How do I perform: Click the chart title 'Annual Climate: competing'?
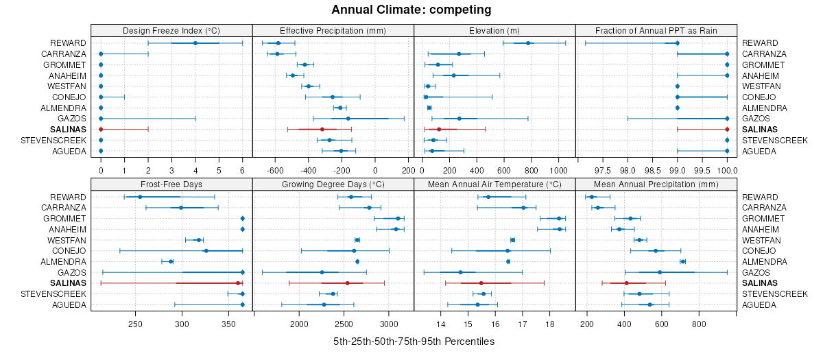(411, 10)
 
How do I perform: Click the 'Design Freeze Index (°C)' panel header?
(171, 30)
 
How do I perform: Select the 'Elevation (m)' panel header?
(494, 30)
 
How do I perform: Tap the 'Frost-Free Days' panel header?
(171, 184)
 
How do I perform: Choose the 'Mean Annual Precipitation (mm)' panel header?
(656, 184)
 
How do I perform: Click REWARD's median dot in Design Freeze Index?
(195, 43)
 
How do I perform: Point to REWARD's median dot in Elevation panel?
(527, 43)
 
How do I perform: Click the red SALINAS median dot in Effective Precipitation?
(322, 130)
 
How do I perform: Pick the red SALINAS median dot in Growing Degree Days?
(347, 283)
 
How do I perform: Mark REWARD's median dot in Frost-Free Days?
(140, 197)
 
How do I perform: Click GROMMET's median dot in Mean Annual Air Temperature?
(558, 219)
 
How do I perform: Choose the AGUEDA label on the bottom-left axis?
(70, 305)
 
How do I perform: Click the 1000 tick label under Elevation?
(558, 170)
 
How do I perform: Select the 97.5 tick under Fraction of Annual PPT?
(603, 170)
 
